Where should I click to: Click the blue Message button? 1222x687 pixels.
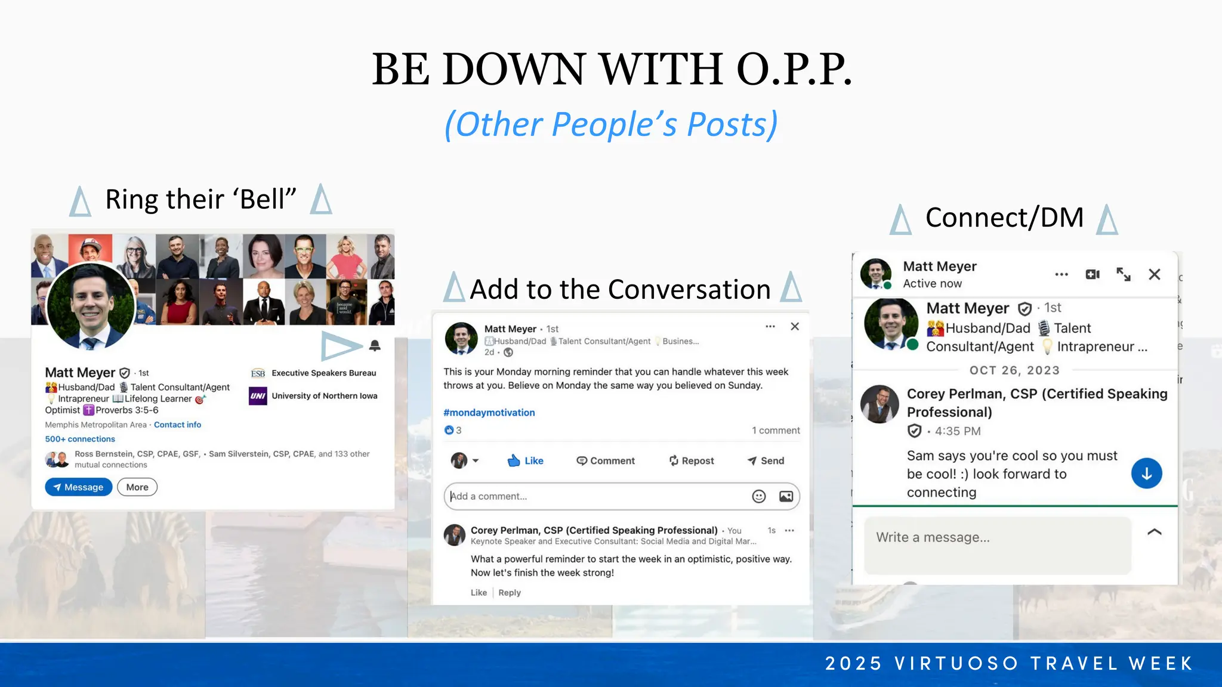78,487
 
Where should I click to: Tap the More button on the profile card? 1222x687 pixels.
137,487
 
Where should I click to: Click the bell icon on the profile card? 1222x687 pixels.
375,345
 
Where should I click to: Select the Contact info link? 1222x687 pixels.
177,425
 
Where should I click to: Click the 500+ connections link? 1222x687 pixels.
80,439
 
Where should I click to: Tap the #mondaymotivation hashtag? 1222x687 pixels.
489,413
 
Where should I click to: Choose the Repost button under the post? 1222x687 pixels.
692,460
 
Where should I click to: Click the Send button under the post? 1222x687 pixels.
766,460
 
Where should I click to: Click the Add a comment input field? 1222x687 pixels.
597,496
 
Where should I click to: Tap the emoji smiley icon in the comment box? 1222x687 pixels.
758,496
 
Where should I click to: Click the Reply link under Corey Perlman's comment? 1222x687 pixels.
510,593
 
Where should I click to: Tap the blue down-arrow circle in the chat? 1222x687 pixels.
1146,474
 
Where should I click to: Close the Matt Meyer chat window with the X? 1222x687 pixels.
1155,274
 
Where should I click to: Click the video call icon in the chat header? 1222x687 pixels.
1093,274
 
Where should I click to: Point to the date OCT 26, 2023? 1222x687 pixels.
1014,370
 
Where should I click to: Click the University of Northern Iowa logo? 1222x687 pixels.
258,396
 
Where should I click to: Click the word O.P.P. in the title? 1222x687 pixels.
794,69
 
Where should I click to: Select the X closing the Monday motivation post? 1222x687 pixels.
795,326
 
